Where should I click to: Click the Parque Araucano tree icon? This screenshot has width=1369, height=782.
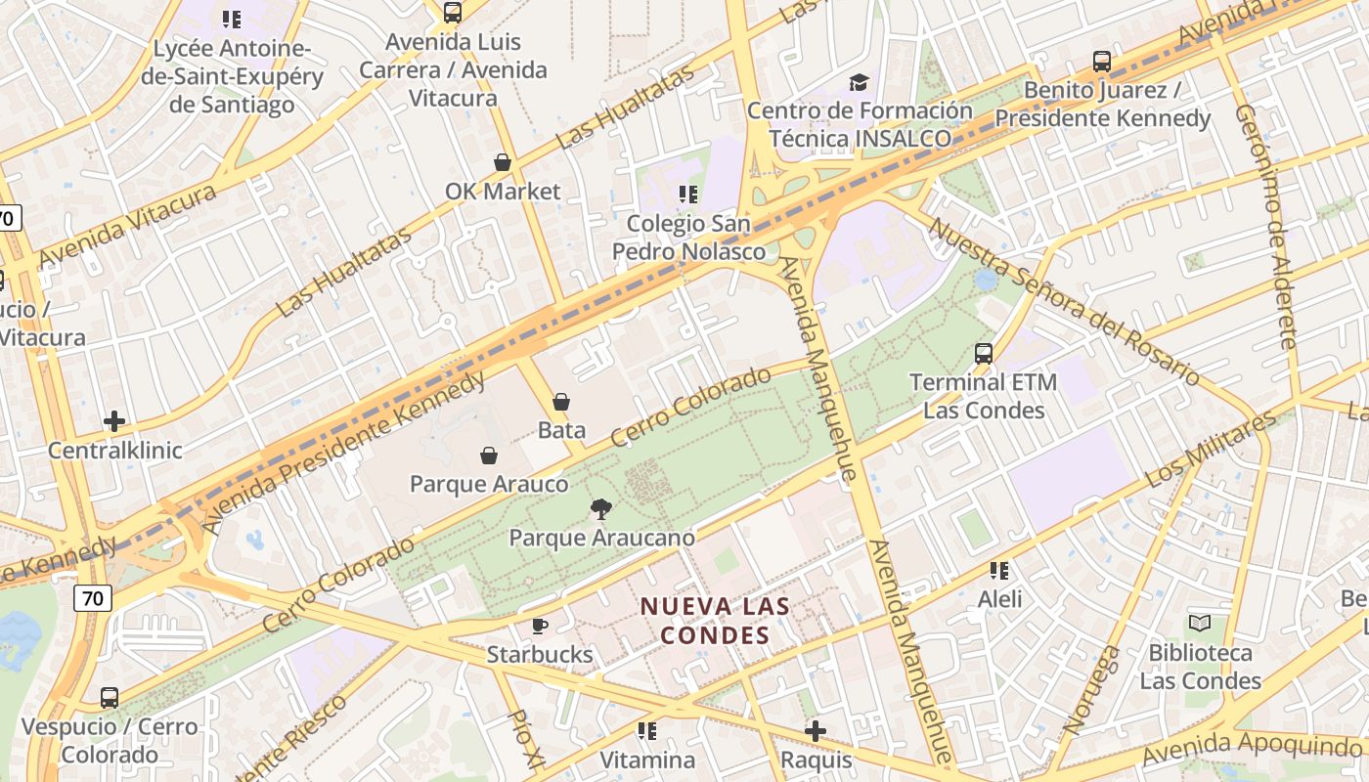[600, 508]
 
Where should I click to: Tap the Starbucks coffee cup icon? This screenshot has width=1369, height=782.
[540, 626]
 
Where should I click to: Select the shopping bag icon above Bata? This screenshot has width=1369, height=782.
[561, 401]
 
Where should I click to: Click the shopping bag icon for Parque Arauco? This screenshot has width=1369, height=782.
[489, 456]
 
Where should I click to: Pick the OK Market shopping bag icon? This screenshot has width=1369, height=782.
[503, 161]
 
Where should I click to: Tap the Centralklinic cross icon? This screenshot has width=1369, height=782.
[114, 421]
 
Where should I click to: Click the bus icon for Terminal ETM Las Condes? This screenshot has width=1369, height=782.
[984, 353]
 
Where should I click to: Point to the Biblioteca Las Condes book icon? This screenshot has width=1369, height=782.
[1200, 623]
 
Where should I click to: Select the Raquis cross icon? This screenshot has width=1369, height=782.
[816, 730]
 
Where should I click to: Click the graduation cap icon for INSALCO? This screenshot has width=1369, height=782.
[860, 82]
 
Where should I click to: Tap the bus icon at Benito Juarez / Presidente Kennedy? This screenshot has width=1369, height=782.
[1102, 62]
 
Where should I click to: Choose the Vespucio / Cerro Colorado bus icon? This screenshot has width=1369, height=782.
[110, 698]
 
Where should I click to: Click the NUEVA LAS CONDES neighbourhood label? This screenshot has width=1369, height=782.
[715, 621]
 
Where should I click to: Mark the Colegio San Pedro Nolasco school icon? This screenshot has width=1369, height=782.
[688, 195]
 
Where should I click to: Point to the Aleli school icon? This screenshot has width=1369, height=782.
[999, 570]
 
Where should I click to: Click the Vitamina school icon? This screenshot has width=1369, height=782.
[646, 730]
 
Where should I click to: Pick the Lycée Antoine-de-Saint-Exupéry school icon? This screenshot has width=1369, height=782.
[232, 20]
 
